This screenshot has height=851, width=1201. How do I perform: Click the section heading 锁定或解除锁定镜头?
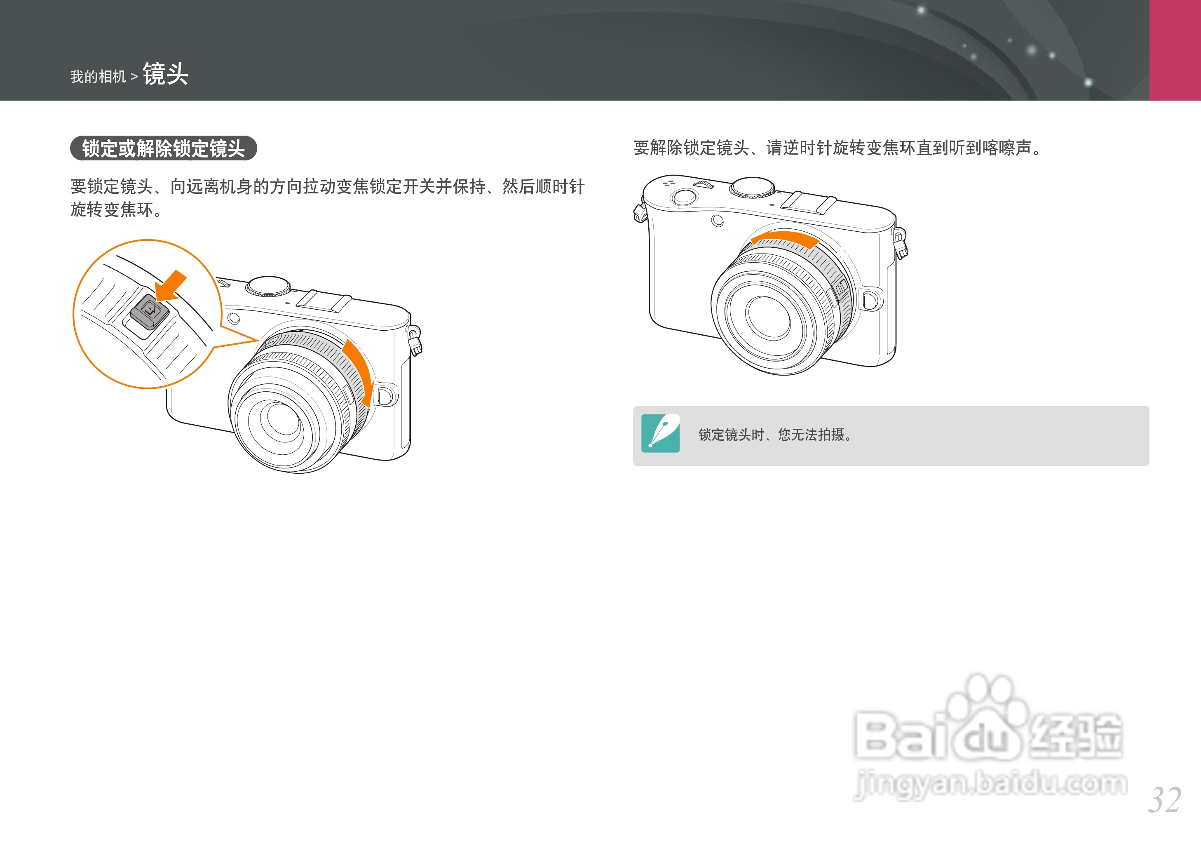pyautogui.click(x=163, y=148)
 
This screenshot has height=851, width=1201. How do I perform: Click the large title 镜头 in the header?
pyautogui.click(x=166, y=74)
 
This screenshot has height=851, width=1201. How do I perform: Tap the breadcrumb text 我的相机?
pyautogui.click(x=98, y=77)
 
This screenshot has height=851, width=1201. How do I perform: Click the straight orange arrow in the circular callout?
pyautogui.click(x=172, y=286)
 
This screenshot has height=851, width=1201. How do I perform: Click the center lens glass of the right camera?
pyautogui.click(x=768, y=316)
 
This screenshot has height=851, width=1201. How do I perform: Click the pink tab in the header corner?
pyautogui.click(x=1175, y=50)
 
